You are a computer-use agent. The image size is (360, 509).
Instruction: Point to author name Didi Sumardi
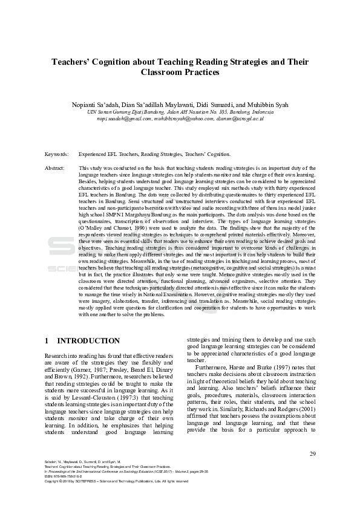click(x=219, y=105)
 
